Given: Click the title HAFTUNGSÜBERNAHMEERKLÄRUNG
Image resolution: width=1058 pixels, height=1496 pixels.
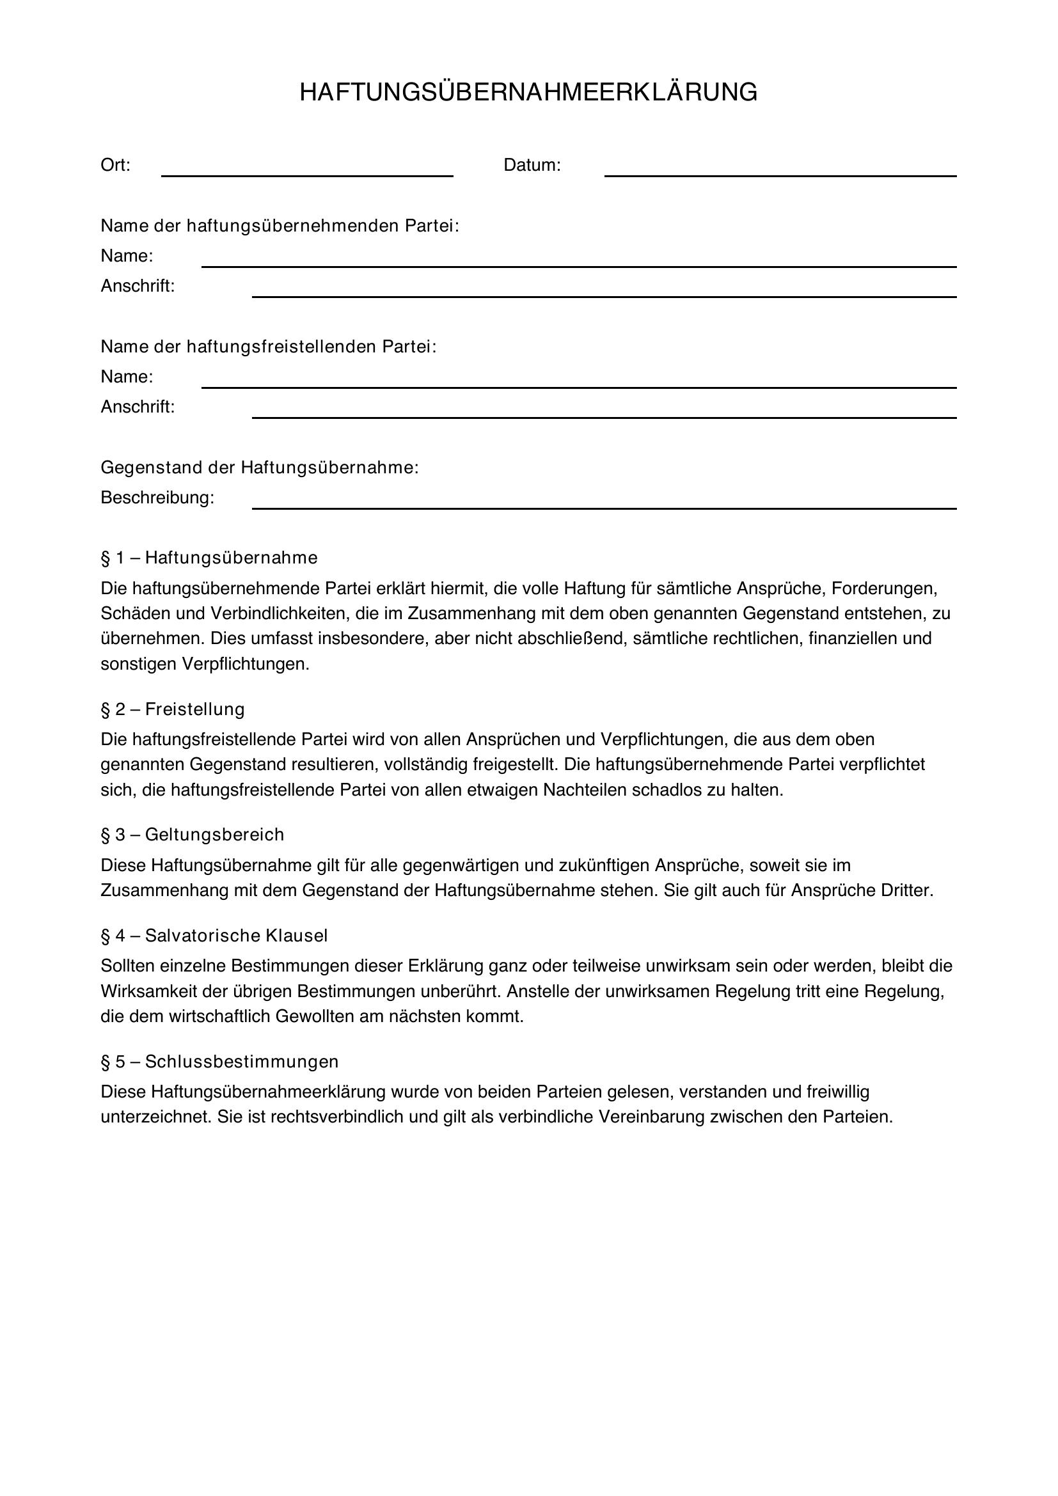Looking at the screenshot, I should tap(528, 93).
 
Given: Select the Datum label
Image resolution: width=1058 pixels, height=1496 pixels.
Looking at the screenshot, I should tap(532, 166).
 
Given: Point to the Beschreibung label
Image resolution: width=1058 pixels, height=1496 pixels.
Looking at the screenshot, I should tap(157, 498).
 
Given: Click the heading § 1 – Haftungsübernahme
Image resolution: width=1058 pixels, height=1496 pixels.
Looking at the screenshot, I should tap(209, 558).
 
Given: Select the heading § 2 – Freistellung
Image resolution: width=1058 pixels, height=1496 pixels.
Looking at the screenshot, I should tap(173, 709).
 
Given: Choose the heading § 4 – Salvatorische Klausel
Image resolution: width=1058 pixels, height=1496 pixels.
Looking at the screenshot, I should tap(214, 936).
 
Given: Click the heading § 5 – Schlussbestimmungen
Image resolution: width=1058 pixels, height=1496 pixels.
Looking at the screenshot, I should tap(219, 1062).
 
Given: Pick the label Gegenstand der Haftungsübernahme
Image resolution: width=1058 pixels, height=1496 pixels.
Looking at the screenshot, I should tap(259, 467).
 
